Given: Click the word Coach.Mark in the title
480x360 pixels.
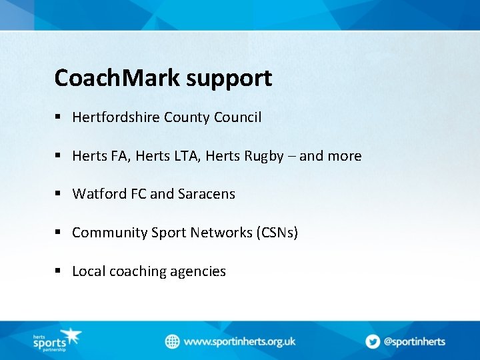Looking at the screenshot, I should coord(117,78).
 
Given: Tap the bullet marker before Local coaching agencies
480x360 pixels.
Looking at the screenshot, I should coord(59,271).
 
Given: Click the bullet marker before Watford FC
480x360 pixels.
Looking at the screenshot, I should coord(59,193).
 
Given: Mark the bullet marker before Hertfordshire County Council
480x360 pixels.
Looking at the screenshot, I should coord(59,117).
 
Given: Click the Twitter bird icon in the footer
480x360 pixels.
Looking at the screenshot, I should coord(373,341).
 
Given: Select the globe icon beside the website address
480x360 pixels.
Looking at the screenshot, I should coord(173,341).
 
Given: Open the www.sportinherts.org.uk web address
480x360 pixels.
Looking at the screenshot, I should coord(239,341).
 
